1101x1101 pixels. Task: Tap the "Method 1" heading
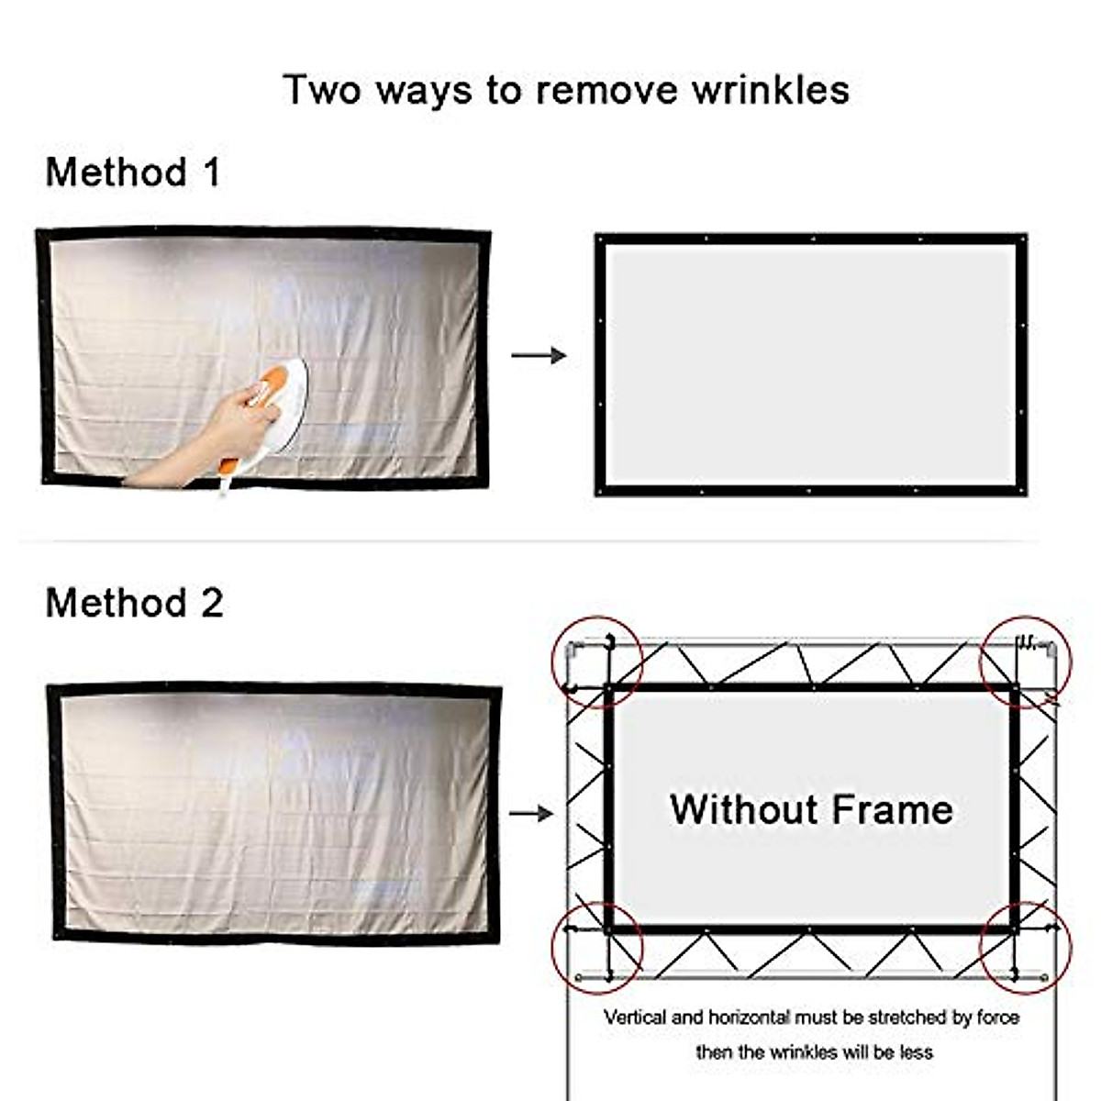pos(133,172)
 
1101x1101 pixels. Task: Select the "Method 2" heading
pos(134,603)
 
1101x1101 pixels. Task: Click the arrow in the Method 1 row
pos(539,355)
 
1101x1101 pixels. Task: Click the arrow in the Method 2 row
pos(531,813)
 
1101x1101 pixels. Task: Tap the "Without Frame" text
pos(811,809)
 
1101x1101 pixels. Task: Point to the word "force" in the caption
pos(997,1018)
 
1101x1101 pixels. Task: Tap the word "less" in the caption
pos(916,1052)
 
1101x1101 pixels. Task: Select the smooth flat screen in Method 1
pos(811,364)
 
